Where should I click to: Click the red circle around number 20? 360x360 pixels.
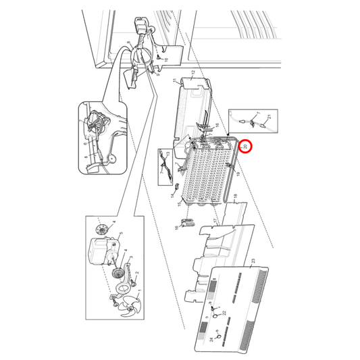[x=245, y=146]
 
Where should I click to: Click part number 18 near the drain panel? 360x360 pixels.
[x=235, y=197]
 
